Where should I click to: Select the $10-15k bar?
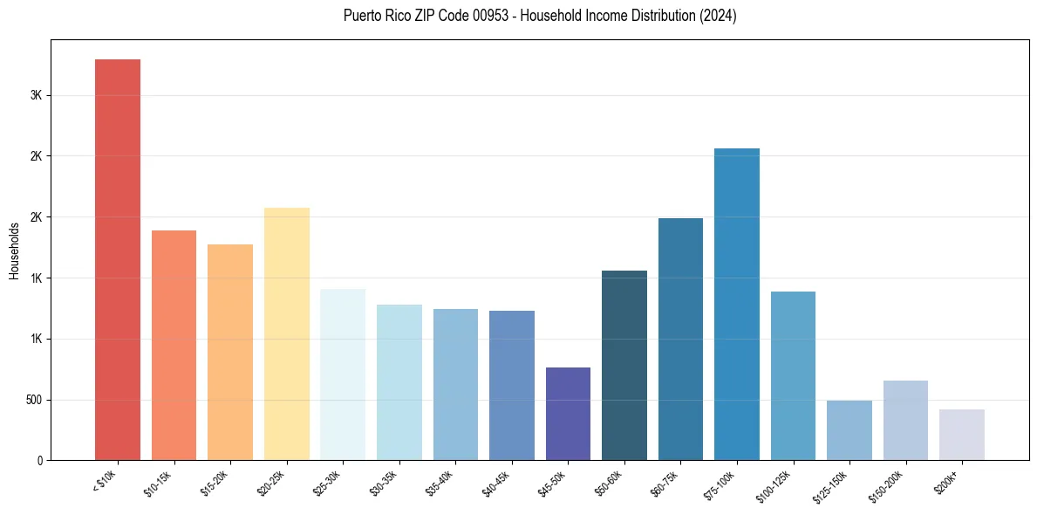174,346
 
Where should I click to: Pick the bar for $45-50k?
568,414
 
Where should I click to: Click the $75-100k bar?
737,305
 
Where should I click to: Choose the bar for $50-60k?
624,366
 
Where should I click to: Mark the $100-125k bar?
793,376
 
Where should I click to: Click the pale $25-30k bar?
343,374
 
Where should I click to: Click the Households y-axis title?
15,251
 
